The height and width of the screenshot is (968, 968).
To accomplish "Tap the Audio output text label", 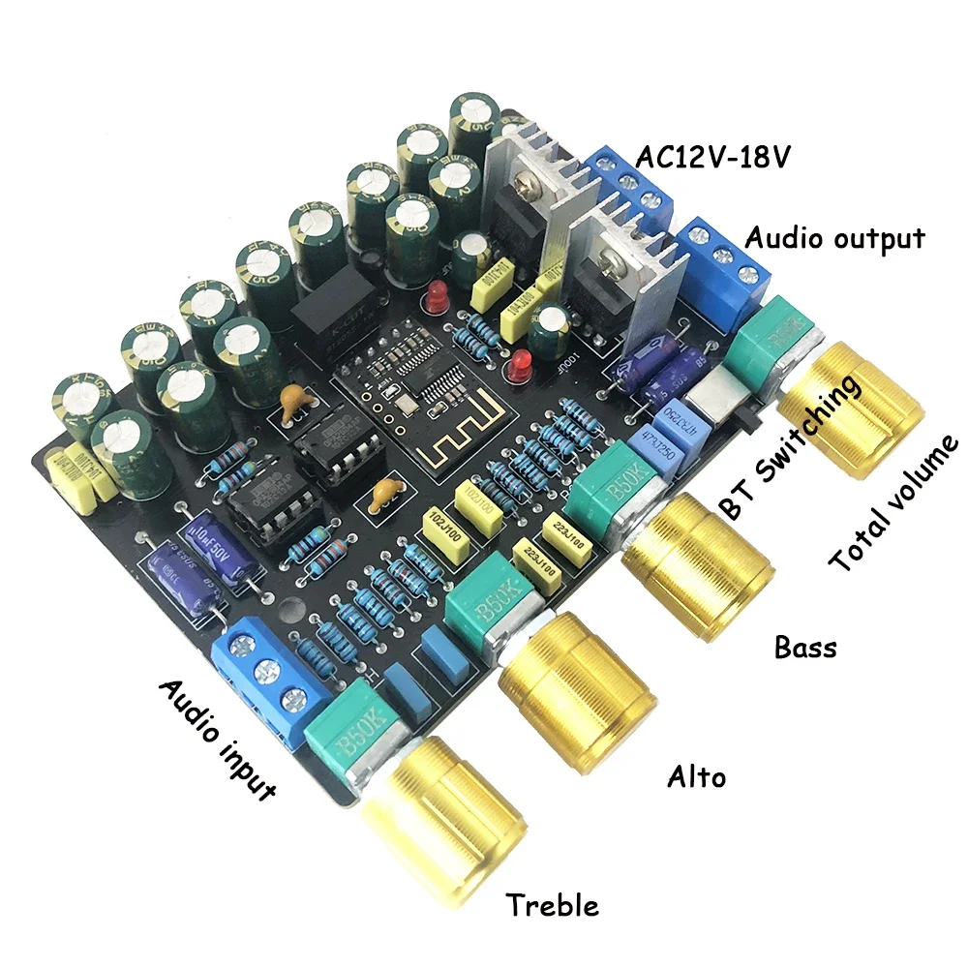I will (835, 237).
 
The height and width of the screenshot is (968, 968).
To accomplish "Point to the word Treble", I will (553, 905).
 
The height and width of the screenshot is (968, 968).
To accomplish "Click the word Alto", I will (697, 775).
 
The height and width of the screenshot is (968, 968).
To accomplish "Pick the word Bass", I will (805, 646).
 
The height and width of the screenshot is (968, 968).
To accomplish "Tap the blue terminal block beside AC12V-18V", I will (629, 184).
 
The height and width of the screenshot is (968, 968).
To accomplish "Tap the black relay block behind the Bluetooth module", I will (329, 300).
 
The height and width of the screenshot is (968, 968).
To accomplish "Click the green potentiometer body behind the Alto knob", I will (489, 605).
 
